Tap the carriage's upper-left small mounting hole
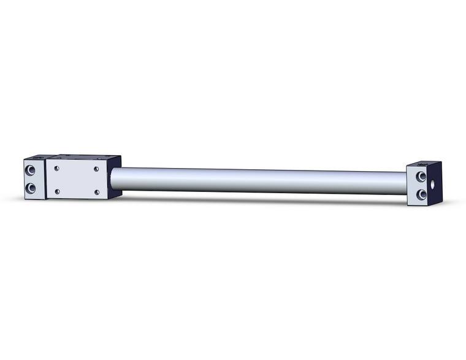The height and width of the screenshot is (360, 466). pyautogui.click(x=56, y=167)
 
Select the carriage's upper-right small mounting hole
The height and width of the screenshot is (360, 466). pyautogui.click(x=96, y=168)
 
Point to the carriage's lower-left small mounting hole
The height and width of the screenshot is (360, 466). pyautogui.click(x=57, y=191)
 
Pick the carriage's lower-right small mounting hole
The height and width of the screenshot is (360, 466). pyautogui.click(x=96, y=193)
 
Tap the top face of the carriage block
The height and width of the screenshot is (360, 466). pyautogui.click(x=83, y=158)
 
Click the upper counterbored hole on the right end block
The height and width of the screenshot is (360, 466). pyautogui.click(x=421, y=177)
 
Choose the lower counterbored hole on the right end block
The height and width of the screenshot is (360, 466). pyautogui.click(x=421, y=194)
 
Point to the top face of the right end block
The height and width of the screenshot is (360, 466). pyautogui.click(x=423, y=164)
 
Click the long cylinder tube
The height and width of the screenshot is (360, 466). pyautogui.click(x=258, y=181)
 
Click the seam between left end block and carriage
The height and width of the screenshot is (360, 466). pyautogui.click(x=46, y=178)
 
